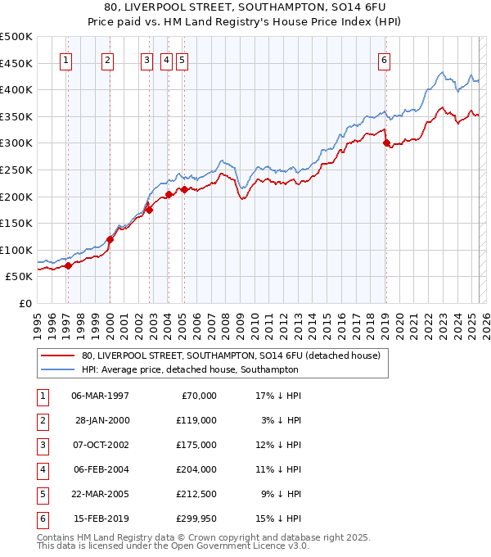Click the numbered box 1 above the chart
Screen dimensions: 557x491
pos(65,59)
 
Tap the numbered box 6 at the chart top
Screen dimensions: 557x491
pos(384,59)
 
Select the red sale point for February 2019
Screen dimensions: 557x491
pos(386,143)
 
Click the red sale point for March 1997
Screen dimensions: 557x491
pos(68,265)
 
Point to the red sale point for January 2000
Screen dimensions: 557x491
pos(110,239)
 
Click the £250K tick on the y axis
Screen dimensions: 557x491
pos(16,170)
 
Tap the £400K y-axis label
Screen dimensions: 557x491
pos(16,89)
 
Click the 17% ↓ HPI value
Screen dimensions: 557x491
pos(278,396)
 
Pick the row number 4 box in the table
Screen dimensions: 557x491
pos(41,469)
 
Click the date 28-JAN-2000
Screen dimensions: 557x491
pos(102,420)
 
